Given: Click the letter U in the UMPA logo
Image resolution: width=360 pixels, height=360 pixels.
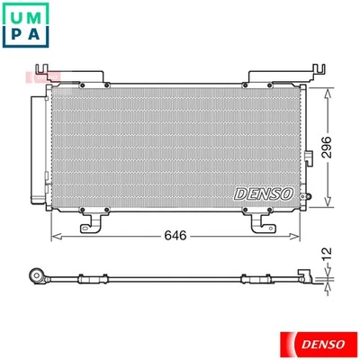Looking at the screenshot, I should point(17,17).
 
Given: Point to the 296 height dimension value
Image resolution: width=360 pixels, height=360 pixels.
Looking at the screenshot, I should point(329,147).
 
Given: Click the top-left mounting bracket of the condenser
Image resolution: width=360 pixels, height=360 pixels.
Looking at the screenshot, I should point(40,69).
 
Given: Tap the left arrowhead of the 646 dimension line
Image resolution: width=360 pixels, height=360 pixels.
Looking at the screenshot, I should point(55,236).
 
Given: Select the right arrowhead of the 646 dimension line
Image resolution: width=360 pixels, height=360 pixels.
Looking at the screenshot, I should point(301,236).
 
